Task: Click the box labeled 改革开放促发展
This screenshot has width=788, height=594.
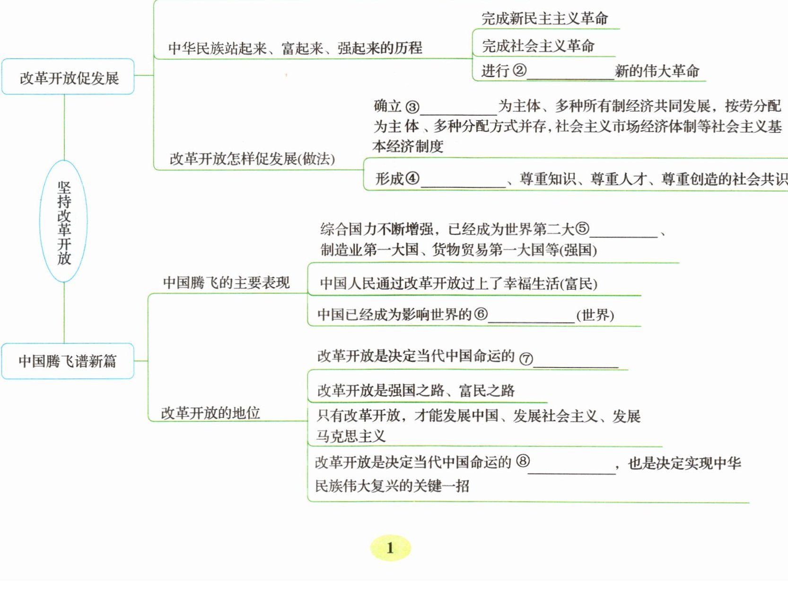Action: click(x=69, y=77)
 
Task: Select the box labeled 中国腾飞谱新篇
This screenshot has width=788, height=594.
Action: click(x=68, y=361)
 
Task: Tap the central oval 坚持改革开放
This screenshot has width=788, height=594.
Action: click(x=64, y=221)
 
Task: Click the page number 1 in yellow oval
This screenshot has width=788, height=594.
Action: click(x=390, y=548)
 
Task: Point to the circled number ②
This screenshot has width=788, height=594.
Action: click(x=519, y=70)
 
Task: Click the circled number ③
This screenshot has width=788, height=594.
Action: click(x=412, y=107)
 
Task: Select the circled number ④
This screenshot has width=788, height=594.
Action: click(x=412, y=178)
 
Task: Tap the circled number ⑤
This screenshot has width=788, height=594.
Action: click(x=582, y=229)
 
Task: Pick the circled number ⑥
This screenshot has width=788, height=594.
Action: click(x=481, y=314)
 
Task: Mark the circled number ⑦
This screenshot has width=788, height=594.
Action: click(x=526, y=358)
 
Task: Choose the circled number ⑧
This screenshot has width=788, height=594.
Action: click(x=523, y=461)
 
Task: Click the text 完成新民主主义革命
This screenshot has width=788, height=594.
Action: click(x=544, y=18)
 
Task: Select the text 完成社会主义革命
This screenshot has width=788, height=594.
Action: click(x=538, y=46)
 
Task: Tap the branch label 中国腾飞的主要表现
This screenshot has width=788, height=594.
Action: click(x=226, y=282)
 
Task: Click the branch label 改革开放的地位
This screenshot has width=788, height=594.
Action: click(x=210, y=413)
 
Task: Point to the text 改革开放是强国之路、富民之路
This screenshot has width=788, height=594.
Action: click(x=416, y=390)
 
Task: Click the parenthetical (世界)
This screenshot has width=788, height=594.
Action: click(x=595, y=315)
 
